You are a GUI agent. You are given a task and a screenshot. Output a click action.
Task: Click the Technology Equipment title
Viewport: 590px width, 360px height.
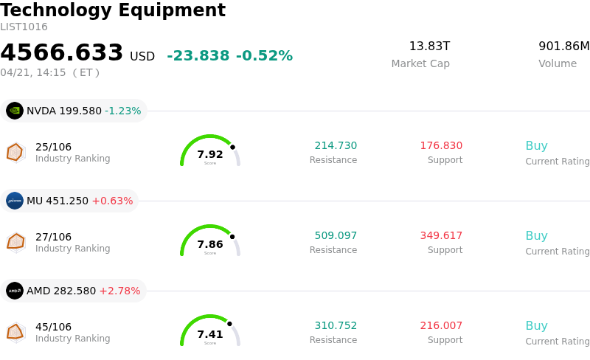pos(113,10)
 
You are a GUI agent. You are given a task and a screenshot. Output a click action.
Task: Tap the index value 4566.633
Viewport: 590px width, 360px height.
pos(62,53)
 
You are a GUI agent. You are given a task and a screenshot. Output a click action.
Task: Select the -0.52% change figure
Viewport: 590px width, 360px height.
pos(264,56)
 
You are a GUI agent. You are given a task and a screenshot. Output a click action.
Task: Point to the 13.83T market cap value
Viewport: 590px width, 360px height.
pos(429,46)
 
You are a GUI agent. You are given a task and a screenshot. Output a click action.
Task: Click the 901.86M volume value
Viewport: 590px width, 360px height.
pos(564,46)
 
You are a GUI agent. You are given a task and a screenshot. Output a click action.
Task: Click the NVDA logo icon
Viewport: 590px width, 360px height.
pos(15,111)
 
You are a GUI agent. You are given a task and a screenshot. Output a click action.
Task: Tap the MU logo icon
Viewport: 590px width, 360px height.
pos(15,201)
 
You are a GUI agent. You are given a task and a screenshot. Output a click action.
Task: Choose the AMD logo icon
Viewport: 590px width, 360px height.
pos(15,291)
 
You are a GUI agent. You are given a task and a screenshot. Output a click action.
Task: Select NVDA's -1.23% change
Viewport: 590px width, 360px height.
pos(122,111)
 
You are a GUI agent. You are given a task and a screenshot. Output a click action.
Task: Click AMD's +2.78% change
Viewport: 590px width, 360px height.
pos(119,291)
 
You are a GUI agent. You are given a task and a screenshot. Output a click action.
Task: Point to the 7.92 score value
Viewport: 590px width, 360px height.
pos(210,154)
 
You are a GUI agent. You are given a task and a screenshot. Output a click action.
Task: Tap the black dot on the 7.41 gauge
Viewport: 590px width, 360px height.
pos(229,324)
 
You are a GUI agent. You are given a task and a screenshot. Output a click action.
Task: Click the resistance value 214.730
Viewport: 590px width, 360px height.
pos(336,145)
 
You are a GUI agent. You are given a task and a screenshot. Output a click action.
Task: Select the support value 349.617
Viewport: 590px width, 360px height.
pos(441,235)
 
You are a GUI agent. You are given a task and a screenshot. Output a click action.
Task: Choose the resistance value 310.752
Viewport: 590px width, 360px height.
pos(336,325)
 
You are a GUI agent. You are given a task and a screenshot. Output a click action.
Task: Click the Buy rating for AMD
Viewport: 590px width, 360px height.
pos(536,325)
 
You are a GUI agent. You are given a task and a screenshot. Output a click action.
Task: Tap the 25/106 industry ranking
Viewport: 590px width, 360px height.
pos(53,147)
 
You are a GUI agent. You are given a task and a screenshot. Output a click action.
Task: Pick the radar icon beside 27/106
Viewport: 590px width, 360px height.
pos(15,241)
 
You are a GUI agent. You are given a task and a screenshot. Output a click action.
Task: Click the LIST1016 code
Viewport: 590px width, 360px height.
pos(24,27)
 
